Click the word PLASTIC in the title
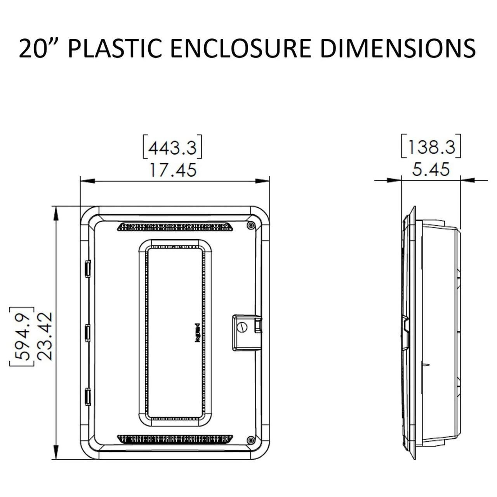[x=114, y=49]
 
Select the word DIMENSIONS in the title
[x=398, y=49]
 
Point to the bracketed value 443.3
[x=173, y=148]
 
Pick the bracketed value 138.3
[x=431, y=147]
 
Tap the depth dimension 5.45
[x=431, y=170]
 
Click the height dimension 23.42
[x=45, y=336]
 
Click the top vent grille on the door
[x=175, y=227]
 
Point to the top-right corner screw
[x=250, y=225]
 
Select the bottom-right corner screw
[x=250, y=440]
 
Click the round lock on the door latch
[x=243, y=327]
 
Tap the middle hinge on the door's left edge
[x=87, y=333]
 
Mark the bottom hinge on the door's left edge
[x=87, y=396]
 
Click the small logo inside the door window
[x=197, y=333]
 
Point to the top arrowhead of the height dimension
[x=57, y=212]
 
